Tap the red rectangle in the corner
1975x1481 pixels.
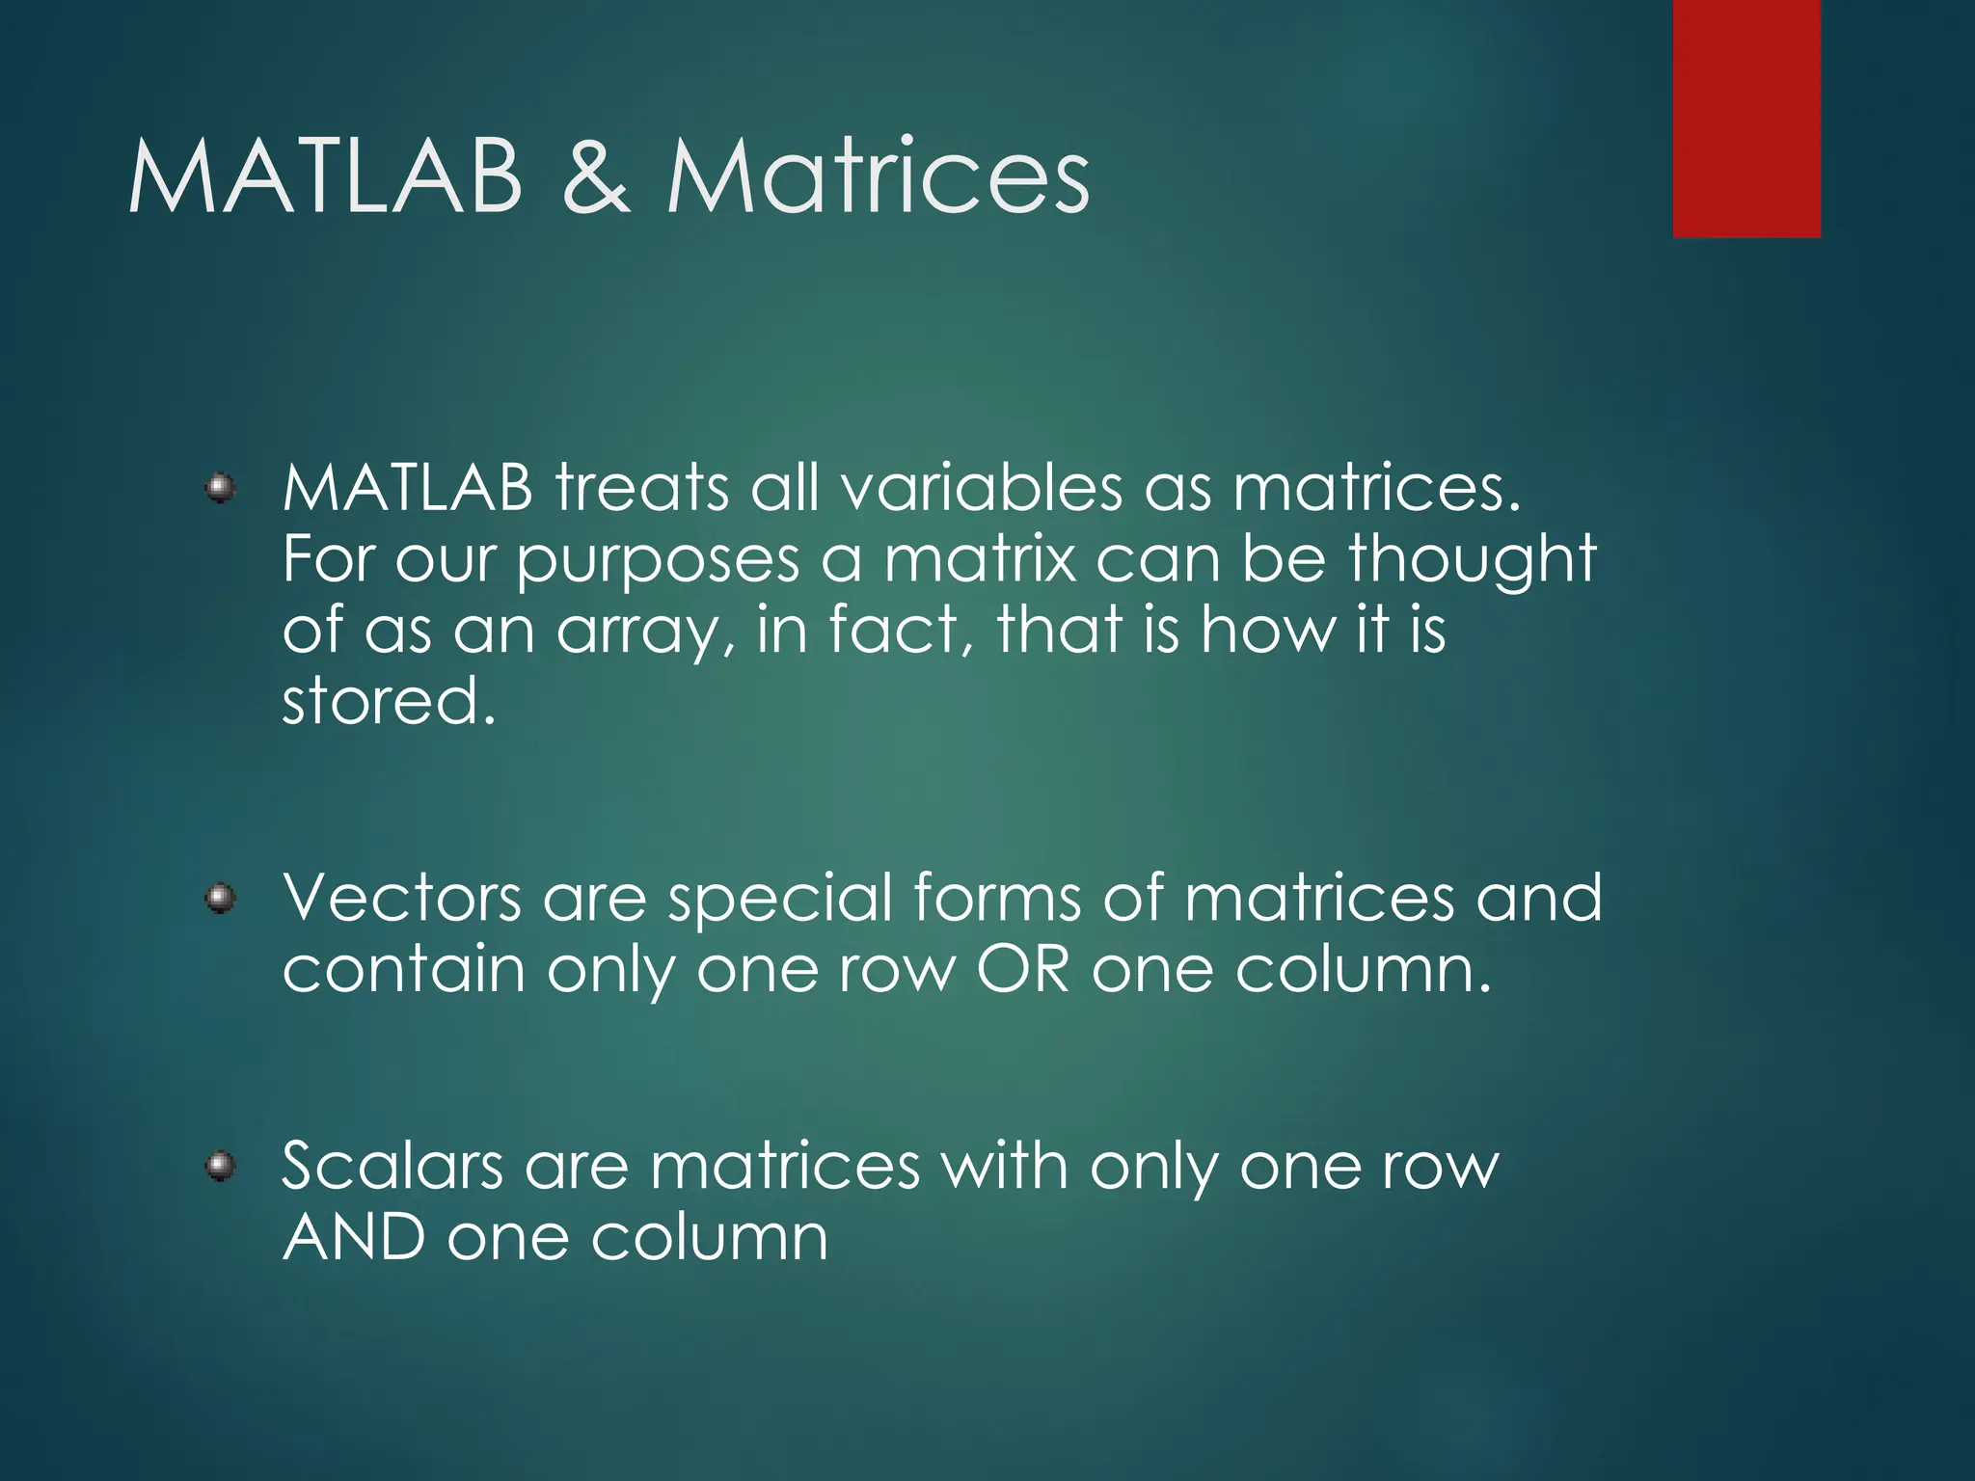[1746, 118]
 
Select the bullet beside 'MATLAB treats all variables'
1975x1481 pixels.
[221, 488]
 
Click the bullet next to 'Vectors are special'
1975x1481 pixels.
[221, 900]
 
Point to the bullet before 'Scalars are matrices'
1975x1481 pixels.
[221, 1167]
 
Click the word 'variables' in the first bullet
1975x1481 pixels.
[982, 488]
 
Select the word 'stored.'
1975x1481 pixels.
[389, 702]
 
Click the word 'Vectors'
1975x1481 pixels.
[402, 899]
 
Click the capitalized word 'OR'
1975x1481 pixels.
[1023, 970]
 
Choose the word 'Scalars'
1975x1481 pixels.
[392, 1167]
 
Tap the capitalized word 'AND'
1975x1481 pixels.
[354, 1238]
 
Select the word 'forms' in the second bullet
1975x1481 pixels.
[997, 899]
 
